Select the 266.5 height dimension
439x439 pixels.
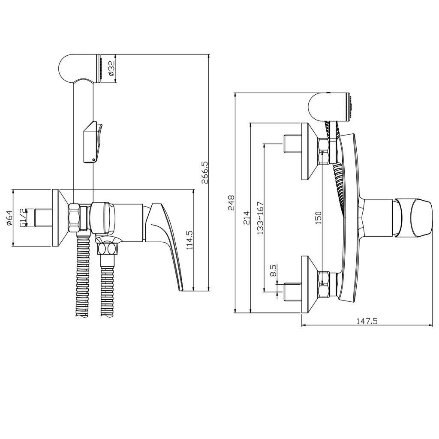[x=204, y=172]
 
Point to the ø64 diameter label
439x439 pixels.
[x=9, y=218]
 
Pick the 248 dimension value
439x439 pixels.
[x=231, y=202]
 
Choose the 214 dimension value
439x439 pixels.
[x=247, y=217]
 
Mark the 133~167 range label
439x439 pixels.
[x=261, y=218]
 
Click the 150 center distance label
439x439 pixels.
[x=319, y=217]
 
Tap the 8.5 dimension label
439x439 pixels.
[x=274, y=270]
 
